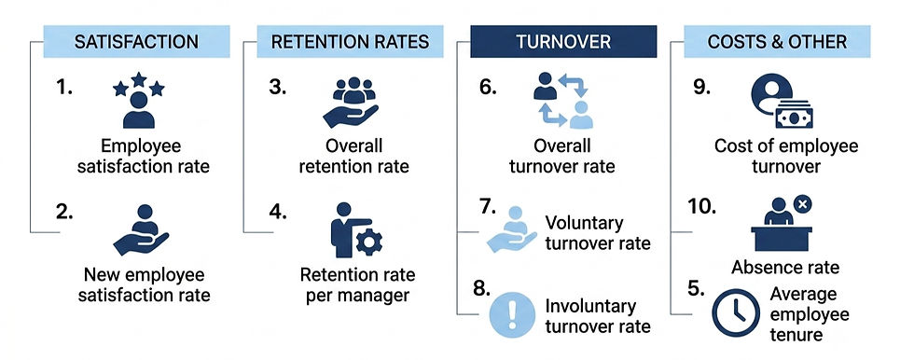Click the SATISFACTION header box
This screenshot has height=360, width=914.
[x=136, y=41]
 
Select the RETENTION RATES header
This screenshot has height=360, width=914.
[x=350, y=41]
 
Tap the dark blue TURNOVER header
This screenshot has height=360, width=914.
[x=563, y=41]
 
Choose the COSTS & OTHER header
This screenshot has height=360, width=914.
[x=777, y=41]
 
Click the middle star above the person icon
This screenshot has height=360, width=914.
[x=139, y=79]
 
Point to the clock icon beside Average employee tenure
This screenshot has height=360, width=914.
[x=736, y=312]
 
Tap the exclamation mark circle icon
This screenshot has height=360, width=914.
[x=512, y=314]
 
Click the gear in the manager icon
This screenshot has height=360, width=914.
[x=369, y=242]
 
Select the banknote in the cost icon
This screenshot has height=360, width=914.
[x=794, y=116]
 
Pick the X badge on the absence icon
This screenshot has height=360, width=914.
[x=803, y=204]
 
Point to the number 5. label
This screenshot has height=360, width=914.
[x=696, y=288]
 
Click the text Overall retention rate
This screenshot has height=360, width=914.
[x=353, y=156]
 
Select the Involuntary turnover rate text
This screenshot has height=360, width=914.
[x=598, y=316]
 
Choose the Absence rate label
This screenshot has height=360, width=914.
[x=785, y=268]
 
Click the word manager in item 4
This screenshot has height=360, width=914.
[x=373, y=296]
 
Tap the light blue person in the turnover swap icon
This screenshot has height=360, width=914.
[x=580, y=115]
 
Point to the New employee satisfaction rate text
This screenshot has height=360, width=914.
[x=144, y=284]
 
